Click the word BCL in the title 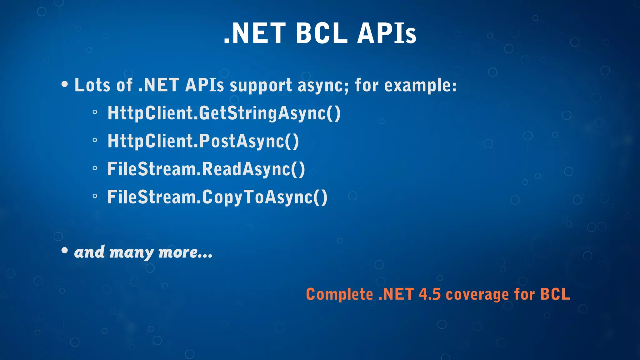[x=322, y=33]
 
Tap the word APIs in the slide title [x=387, y=33]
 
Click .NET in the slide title [x=254, y=33]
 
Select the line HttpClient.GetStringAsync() [x=224, y=113]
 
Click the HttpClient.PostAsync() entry [x=203, y=141]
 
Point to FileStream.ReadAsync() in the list [x=206, y=169]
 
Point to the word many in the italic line [x=132, y=252]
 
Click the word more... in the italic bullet [x=185, y=252]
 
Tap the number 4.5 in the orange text [x=430, y=294]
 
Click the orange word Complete [x=339, y=294]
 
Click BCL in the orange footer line [x=555, y=294]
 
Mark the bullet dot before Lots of [x=65, y=84]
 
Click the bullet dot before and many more [x=65, y=250]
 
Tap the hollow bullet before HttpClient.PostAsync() [x=95, y=140]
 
